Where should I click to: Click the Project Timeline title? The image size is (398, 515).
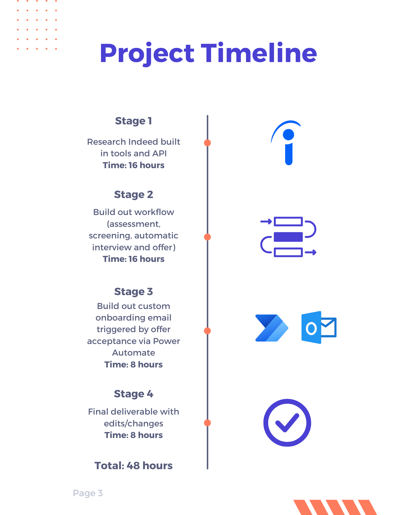click(x=208, y=53)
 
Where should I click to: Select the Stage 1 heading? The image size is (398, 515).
click(x=133, y=121)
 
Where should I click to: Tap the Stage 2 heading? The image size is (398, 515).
click(x=133, y=194)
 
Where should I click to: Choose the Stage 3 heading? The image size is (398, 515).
click(x=133, y=291)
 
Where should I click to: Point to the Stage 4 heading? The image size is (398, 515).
click(x=133, y=394)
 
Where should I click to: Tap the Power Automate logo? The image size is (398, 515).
click(x=272, y=328)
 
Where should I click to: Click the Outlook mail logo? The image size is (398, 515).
click(x=319, y=328)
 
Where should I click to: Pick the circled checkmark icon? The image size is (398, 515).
click(x=287, y=423)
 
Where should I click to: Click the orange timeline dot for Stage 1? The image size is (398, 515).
click(x=207, y=143)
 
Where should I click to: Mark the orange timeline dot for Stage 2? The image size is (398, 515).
click(x=207, y=237)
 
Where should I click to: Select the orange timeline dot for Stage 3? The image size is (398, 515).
click(x=207, y=331)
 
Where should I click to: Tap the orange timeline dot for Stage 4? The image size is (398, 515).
click(x=207, y=423)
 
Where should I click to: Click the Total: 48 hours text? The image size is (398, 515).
click(x=133, y=466)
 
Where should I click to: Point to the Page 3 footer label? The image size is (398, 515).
click(x=88, y=493)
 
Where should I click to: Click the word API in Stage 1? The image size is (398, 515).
click(x=159, y=153)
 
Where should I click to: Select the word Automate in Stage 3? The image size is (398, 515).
click(x=133, y=353)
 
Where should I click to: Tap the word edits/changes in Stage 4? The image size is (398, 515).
click(x=133, y=423)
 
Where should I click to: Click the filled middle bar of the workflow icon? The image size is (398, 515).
click(x=288, y=237)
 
